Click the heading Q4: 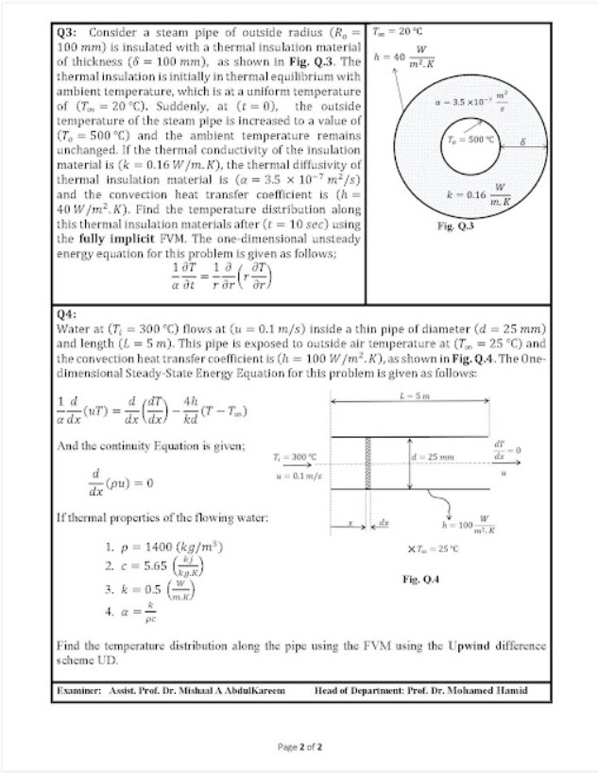67,315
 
